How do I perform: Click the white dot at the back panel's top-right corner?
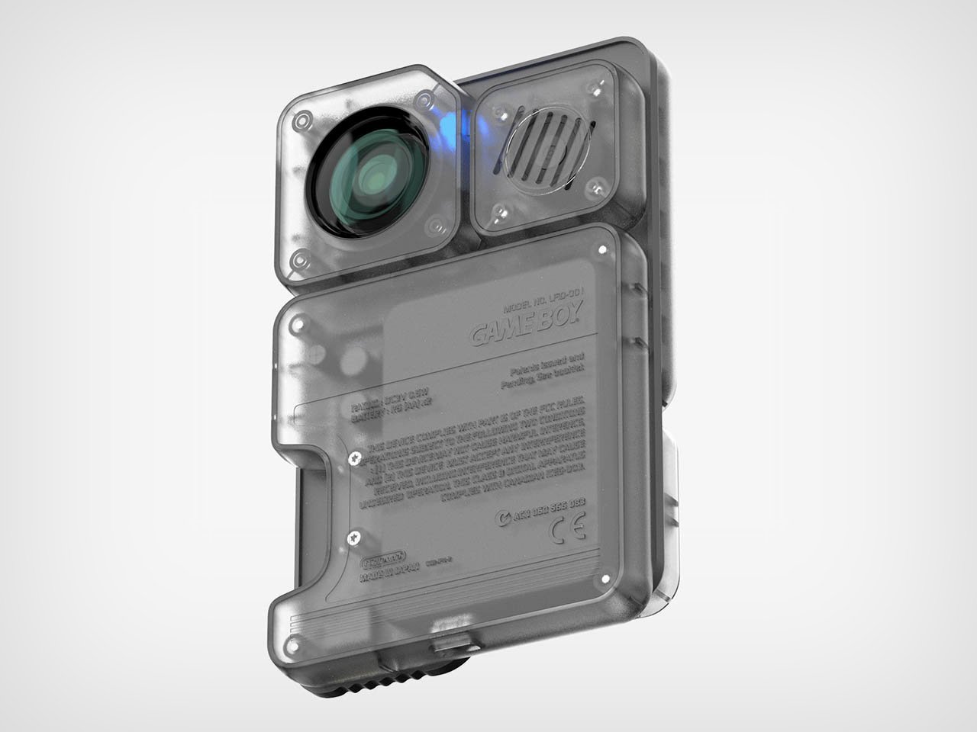click(x=603, y=249)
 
